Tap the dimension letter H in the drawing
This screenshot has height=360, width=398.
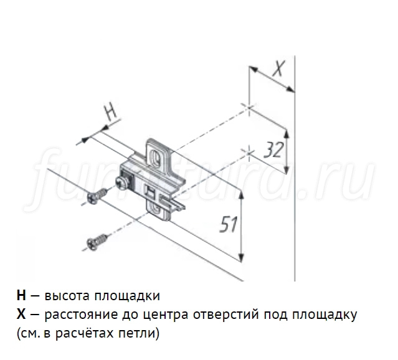110,112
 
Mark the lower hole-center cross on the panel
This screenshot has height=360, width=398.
249,151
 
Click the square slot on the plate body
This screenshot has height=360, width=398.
149,189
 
